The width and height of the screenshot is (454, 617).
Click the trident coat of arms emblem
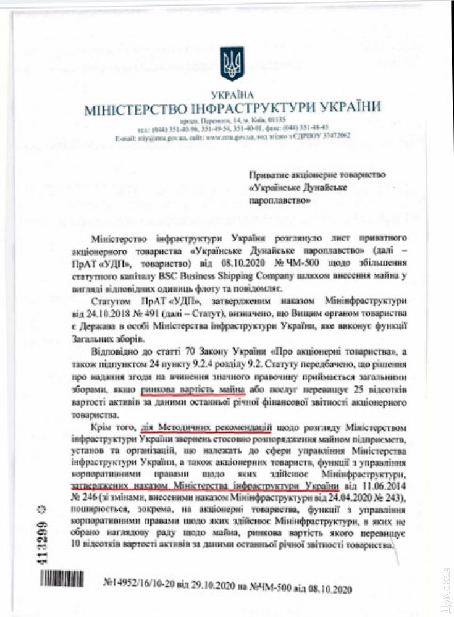[232, 64]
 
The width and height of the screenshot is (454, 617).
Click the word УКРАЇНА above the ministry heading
[232, 95]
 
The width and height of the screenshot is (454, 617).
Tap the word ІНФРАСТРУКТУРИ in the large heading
[250, 108]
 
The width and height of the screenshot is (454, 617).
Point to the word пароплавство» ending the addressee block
[279, 200]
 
